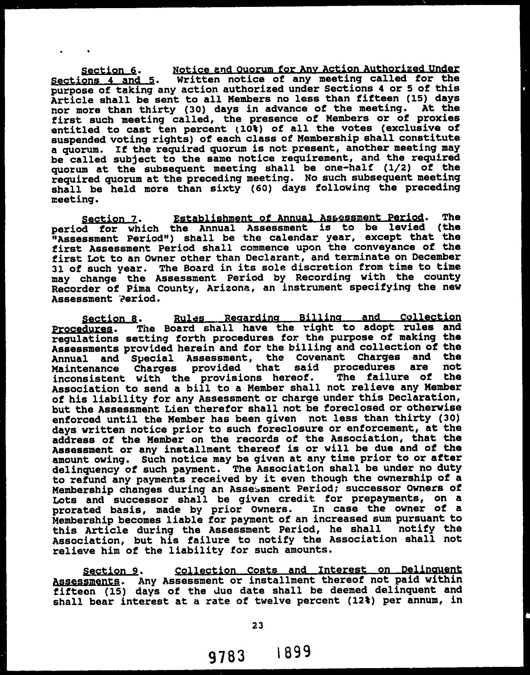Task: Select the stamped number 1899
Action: pyautogui.click(x=293, y=652)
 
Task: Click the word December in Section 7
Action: pyautogui.click(x=436, y=257)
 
